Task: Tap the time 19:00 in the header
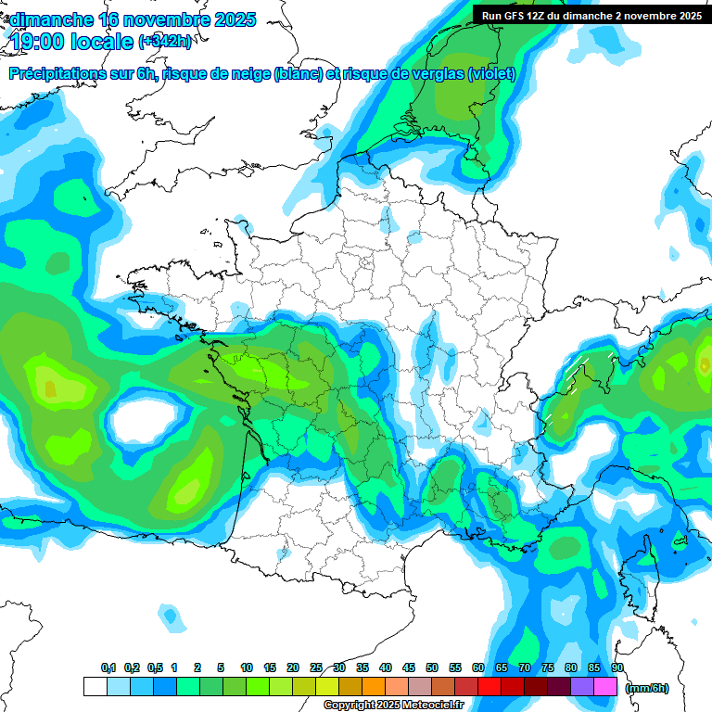(39, 42)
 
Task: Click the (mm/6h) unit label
(647, 687)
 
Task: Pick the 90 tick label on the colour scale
(617, 667)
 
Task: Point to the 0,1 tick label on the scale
(108, 667)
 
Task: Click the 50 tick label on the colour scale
(432, 667)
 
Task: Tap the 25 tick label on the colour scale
(316, 667)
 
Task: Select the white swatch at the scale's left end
(95, 687)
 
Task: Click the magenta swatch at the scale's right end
(605, 687)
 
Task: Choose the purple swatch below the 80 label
(582, 687)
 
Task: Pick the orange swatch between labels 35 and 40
(374, 687)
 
